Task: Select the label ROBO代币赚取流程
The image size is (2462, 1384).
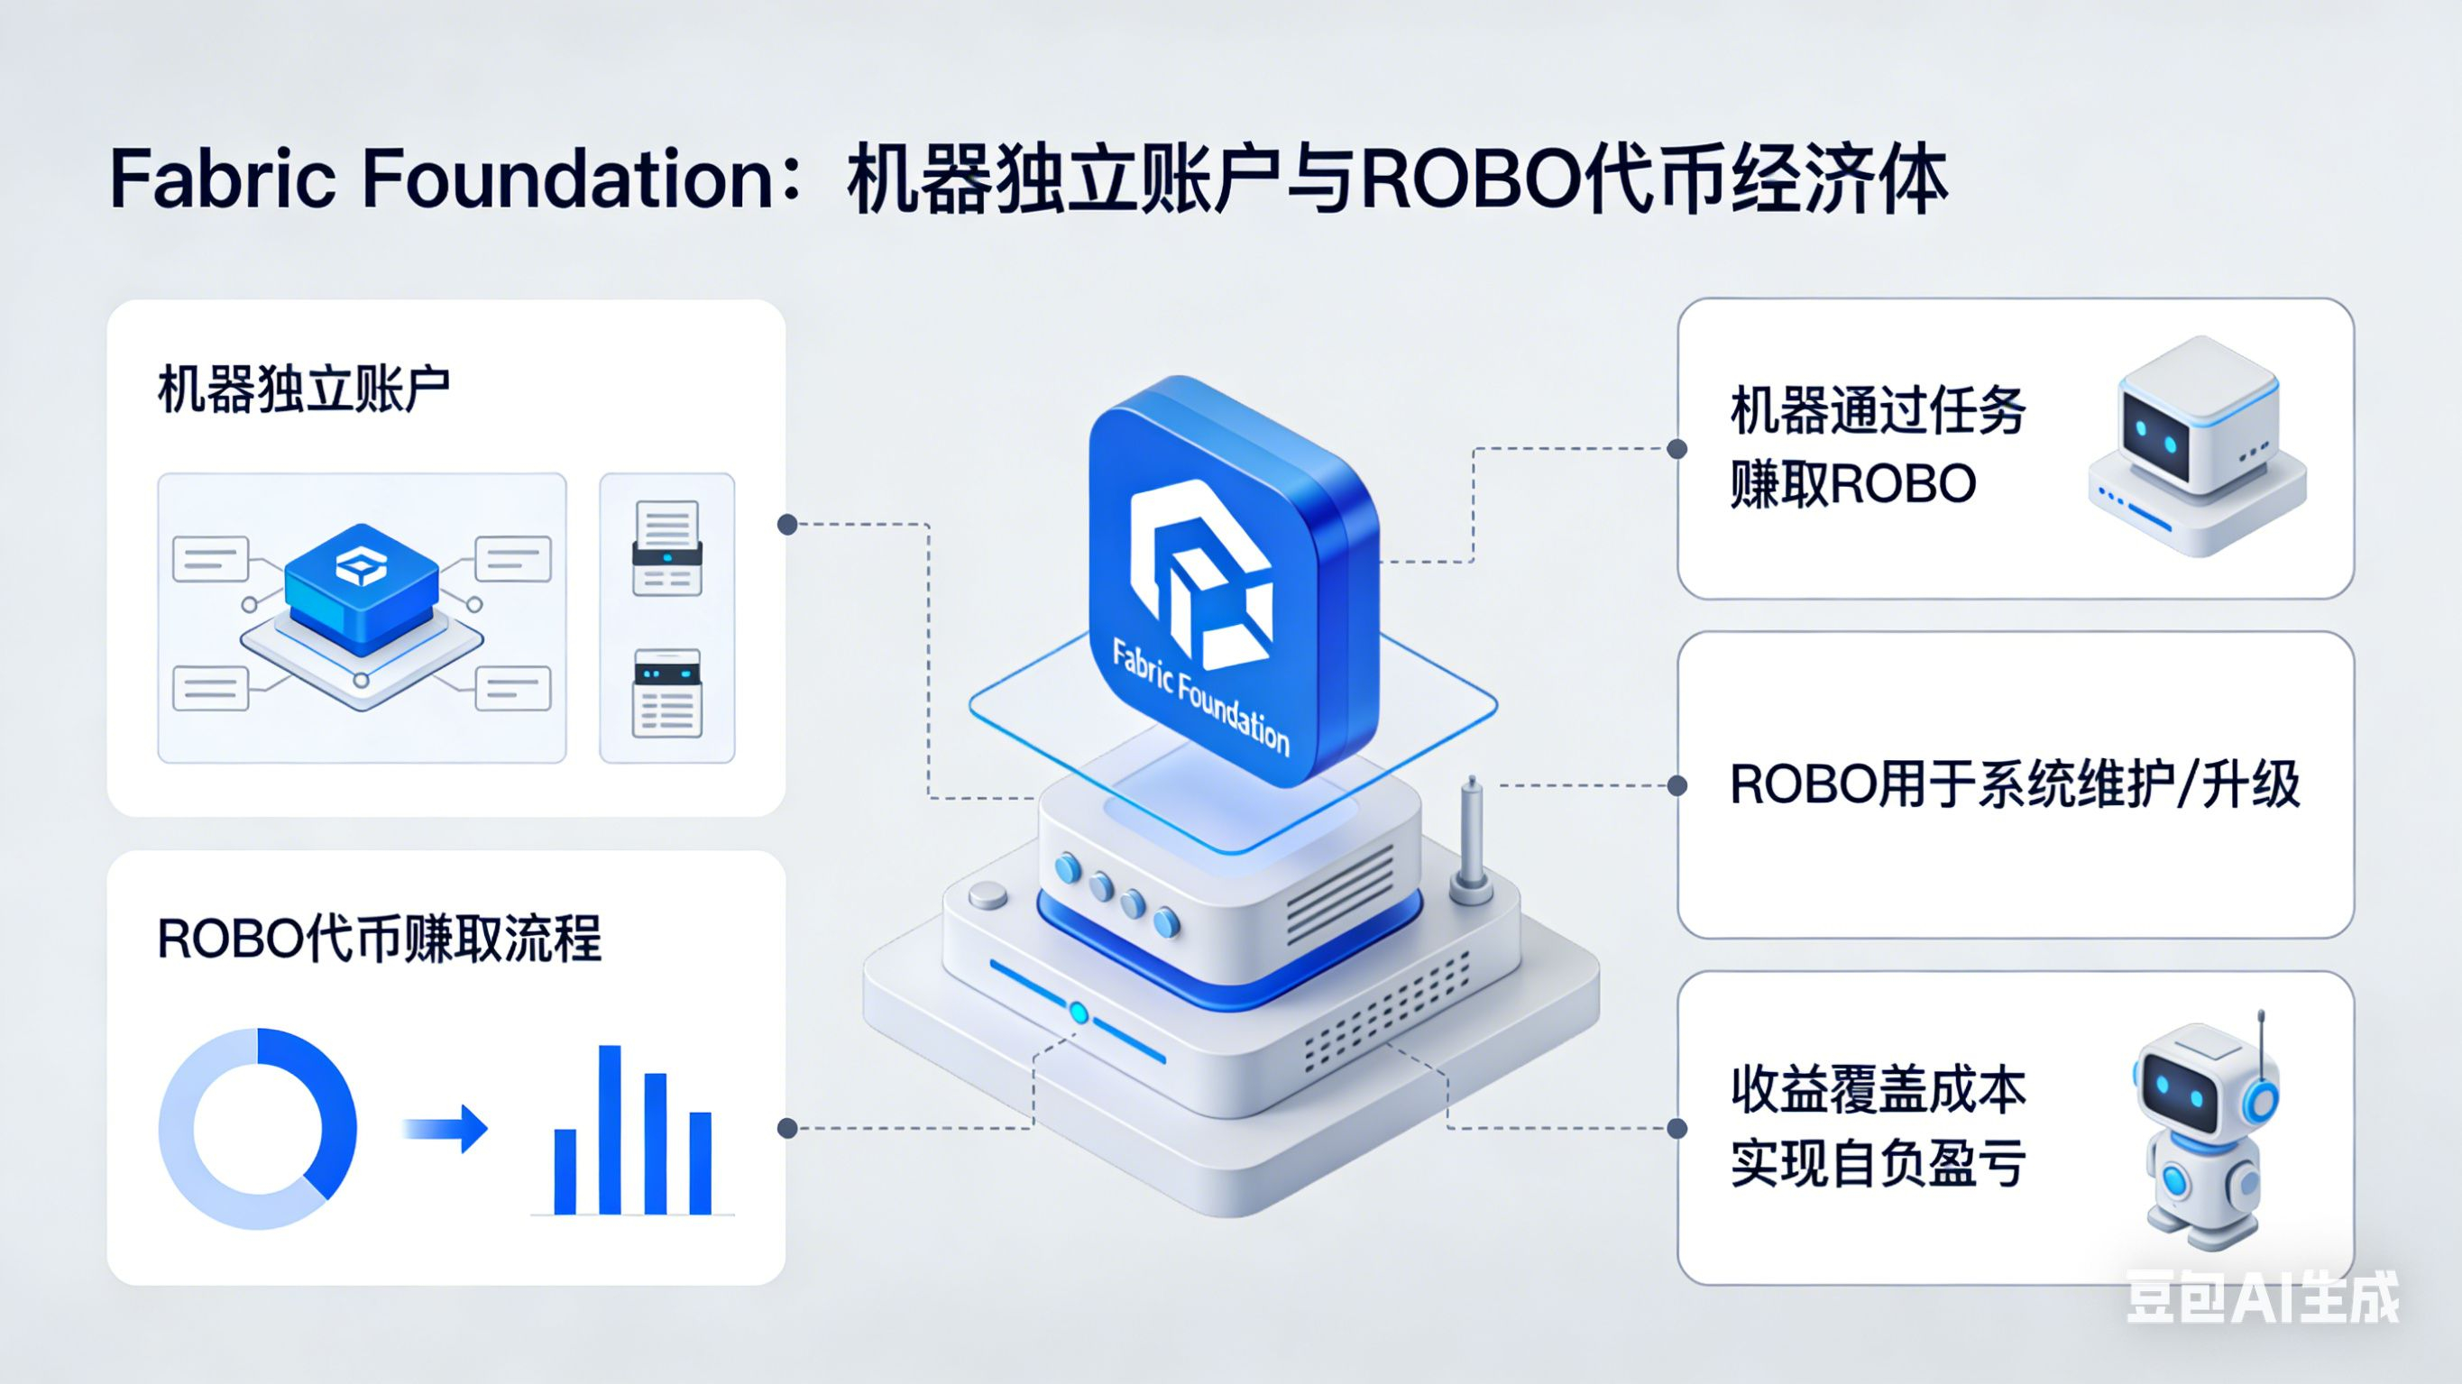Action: (379, 939)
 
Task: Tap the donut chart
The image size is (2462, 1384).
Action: (258, 1129)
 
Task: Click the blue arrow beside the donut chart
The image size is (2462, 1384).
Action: (446, 1129)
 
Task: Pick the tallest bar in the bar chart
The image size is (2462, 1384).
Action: (610, 1130)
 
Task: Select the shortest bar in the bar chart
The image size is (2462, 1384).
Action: (565, 1171)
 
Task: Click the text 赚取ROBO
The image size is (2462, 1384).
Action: (1852, 483)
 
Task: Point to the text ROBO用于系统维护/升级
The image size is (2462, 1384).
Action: (2015, 785)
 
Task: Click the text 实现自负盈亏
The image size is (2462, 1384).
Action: (1877, 1163)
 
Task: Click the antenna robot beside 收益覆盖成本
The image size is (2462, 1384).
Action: (2203, 1132)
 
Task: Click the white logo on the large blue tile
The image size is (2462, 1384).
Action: (1200, 573)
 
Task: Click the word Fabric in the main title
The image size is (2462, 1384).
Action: (222, 179)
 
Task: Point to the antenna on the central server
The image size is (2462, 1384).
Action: (1472, 841)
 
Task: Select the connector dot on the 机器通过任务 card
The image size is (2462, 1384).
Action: (1677, 448)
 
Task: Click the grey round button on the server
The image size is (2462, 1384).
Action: (988, 895)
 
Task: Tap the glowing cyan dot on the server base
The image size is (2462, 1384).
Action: (1079, 1013)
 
